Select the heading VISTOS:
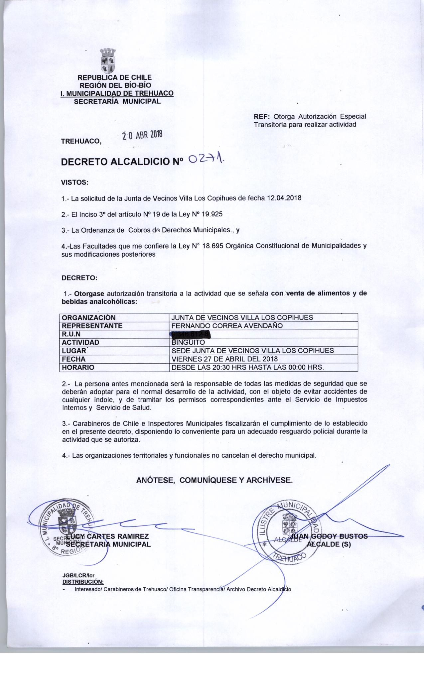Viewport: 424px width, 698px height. [x=75, y=182]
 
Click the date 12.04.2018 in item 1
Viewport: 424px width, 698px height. [x=284, y=198]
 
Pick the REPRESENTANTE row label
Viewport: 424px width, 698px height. [x=92, y=326]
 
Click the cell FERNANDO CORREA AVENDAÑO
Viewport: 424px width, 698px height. [x=227, y=326]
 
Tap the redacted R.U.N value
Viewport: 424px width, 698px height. [x=191, y=334]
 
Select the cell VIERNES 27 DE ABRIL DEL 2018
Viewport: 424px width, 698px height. [x=224, y=359]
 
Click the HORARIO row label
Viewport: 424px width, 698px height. [x=78, y=367]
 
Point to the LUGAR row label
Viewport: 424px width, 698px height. [x=74, y=351]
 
